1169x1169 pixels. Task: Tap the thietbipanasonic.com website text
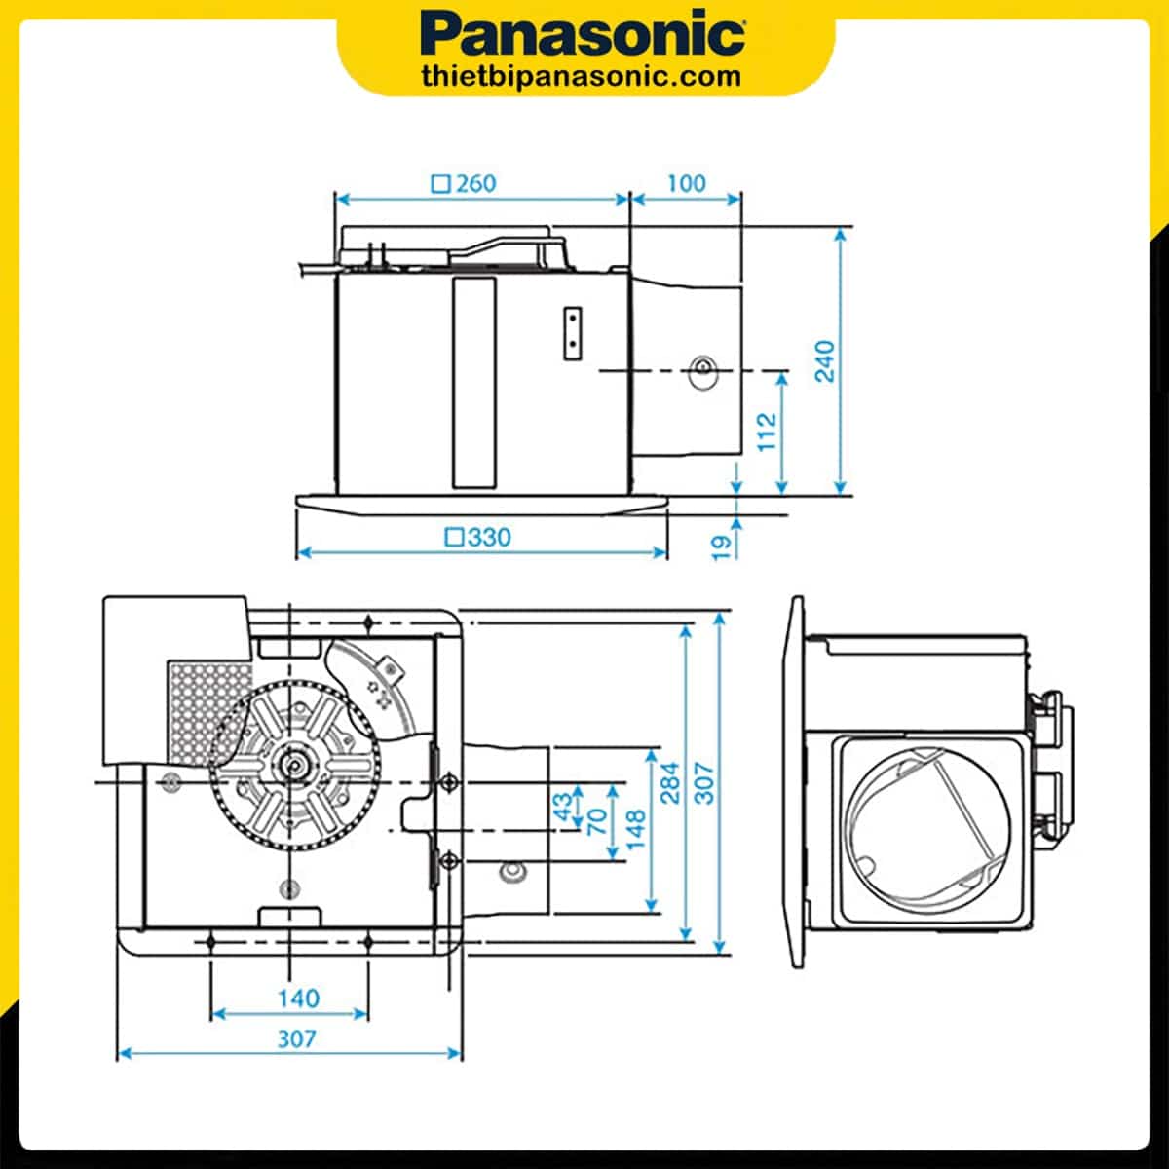(582, 76)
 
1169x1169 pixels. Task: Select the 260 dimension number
(475, 183)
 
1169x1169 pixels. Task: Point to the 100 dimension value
(686, 183)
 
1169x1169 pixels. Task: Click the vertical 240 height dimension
(825, 360)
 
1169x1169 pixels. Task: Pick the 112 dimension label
(769, 431)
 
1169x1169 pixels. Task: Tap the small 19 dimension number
(722, 546)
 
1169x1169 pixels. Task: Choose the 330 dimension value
(489, 537)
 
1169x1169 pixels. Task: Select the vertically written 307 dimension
(704, 782)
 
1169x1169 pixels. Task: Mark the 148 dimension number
(636, 829)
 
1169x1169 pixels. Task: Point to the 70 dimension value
(598, 819)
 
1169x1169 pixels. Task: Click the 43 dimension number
(563, 809)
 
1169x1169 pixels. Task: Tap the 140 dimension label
(297, 999)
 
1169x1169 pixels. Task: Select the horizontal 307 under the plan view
(296, 1038)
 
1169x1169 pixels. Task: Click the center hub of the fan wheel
(291, 768)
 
